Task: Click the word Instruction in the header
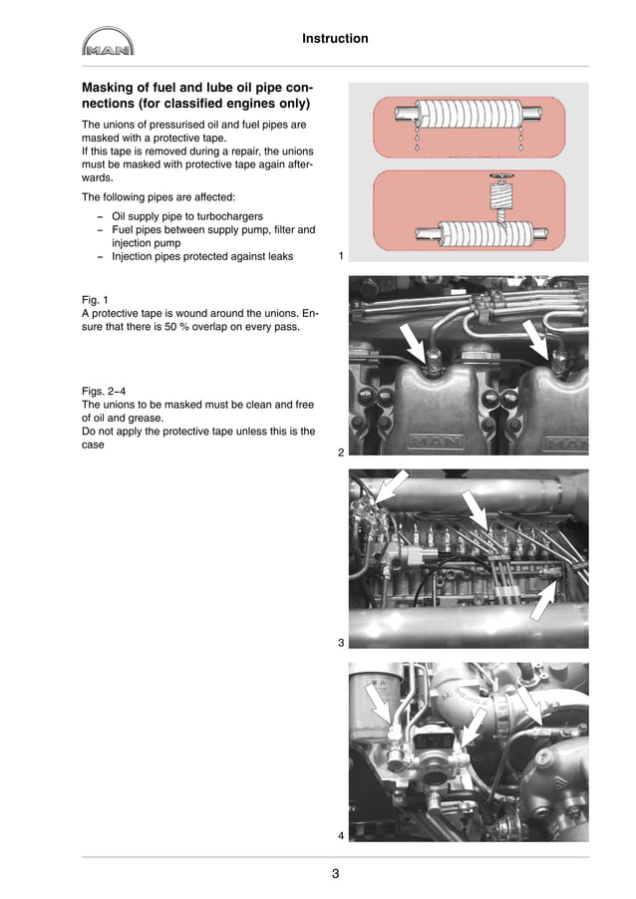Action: tap(335, 39)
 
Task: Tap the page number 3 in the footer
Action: tap(335, 875)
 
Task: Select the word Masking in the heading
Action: tap(112, 88)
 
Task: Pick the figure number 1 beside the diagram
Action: tap(341, 256)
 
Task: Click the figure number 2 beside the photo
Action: tap(341, 452)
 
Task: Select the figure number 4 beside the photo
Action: tap(341, 834)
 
